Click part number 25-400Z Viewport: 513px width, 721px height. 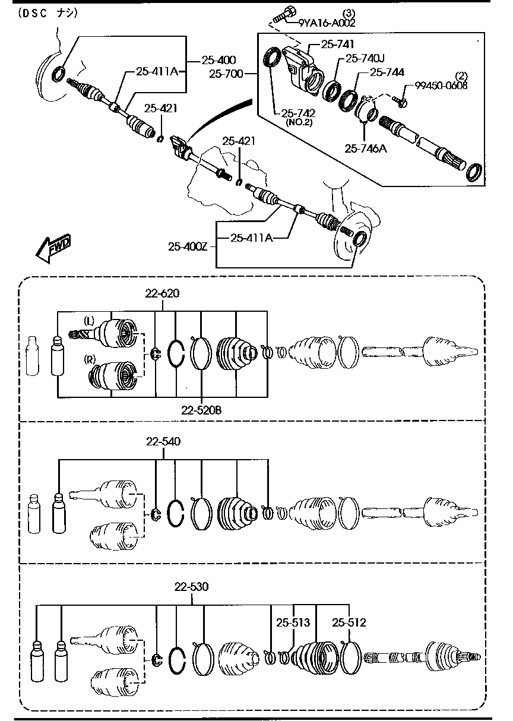click(187, 246)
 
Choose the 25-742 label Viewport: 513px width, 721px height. click(298, 113)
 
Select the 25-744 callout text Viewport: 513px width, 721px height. click(387, 72)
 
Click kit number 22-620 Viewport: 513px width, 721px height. click(163, 293)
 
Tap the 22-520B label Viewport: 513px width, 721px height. click(202, 409)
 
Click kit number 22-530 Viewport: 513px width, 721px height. click(191, 587)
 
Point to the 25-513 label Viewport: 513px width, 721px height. click(293, 622)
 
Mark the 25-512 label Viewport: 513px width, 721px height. click(349, 622)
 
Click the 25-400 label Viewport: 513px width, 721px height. click(218, 59)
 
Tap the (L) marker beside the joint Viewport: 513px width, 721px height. click(88, 321)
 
